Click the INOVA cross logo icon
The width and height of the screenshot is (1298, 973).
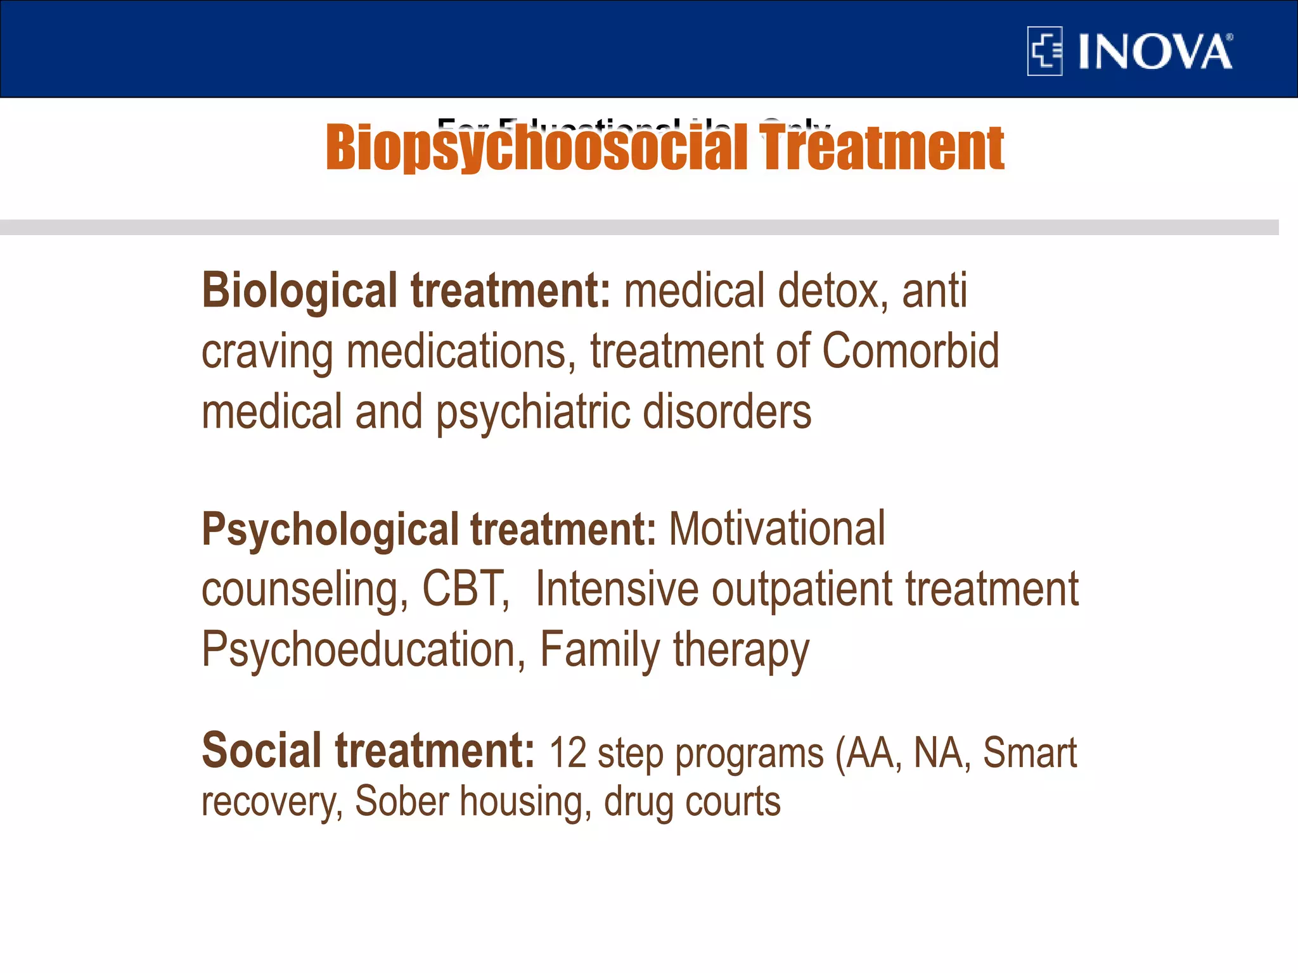click(1044, 51)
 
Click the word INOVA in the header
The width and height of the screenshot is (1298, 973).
click(1155, 52)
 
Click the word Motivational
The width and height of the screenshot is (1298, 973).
click(776, 528)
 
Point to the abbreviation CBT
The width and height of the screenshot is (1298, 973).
click(465, 589)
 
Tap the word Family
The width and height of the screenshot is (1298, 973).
click(600, 650)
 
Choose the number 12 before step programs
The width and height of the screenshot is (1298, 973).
click(567, 754)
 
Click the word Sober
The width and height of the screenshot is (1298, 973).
click(402, 801)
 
